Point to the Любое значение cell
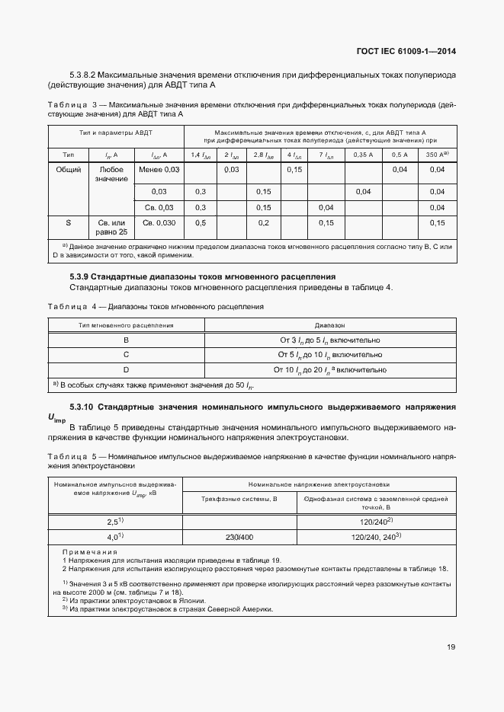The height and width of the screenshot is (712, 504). [x=111, y=174]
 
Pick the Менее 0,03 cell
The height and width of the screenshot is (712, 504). [x=160, y=169]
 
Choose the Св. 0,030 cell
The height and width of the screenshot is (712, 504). [x=159, y=223]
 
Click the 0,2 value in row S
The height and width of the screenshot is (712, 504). [x=264, y=223]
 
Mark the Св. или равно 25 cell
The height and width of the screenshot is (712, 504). [x=111, y=228]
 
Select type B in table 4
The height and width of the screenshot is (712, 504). [x=126, y=340]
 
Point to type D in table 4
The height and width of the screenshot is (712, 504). [x=126, y=369]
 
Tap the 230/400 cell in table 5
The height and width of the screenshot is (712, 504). [x=239, y=537]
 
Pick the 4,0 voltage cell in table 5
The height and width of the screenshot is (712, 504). [x=114, y=537]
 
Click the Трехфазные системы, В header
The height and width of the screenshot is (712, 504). [x=239, y=499]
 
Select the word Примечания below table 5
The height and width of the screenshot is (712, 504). [x=89, y=552]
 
